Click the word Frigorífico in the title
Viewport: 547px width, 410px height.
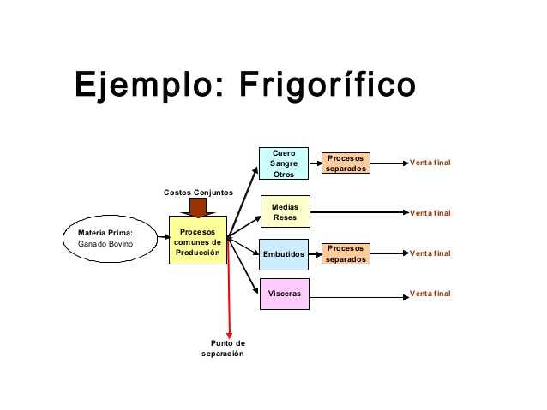[x=325, y=86]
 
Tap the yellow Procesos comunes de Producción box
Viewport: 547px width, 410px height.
[x=198, y=240]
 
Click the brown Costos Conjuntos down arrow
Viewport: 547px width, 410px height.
[x=203, y=207]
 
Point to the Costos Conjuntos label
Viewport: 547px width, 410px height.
[x=198, y=193]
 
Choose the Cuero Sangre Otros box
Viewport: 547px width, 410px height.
[x=284, y=163]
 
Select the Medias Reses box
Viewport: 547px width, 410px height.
[x=285, y=212]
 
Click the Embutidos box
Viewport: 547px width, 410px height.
[x=284, y=254]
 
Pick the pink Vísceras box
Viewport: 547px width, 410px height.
[x=284, y=294]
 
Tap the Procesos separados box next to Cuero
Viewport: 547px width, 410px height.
[x=346, y=163]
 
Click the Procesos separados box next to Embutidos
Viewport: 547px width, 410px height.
[x=346, y=253]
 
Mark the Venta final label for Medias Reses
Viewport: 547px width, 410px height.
[x=430, y=213]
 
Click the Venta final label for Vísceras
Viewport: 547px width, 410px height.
[x=430, y=294]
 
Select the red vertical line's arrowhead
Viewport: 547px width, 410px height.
[x=230, y=335]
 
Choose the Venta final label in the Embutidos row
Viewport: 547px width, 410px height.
[x=430, y=253]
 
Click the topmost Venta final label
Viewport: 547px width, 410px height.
[x=430, y=163]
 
